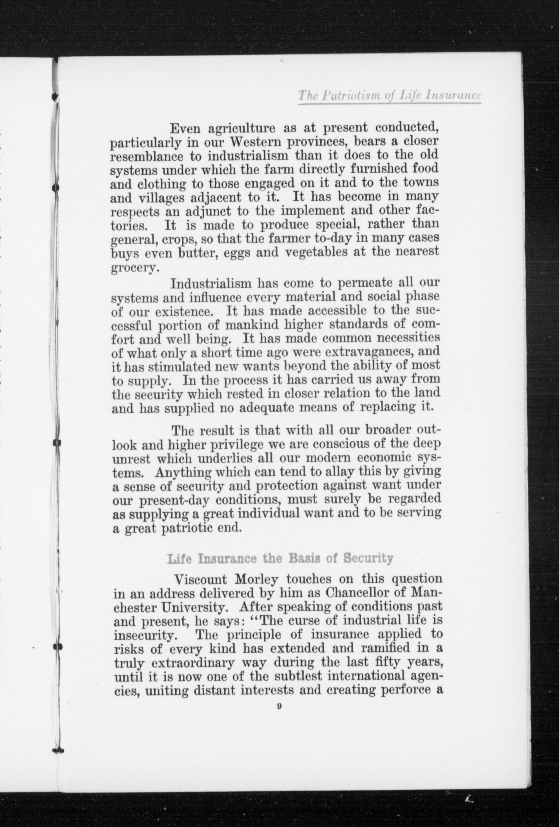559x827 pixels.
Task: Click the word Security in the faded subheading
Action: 368,559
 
